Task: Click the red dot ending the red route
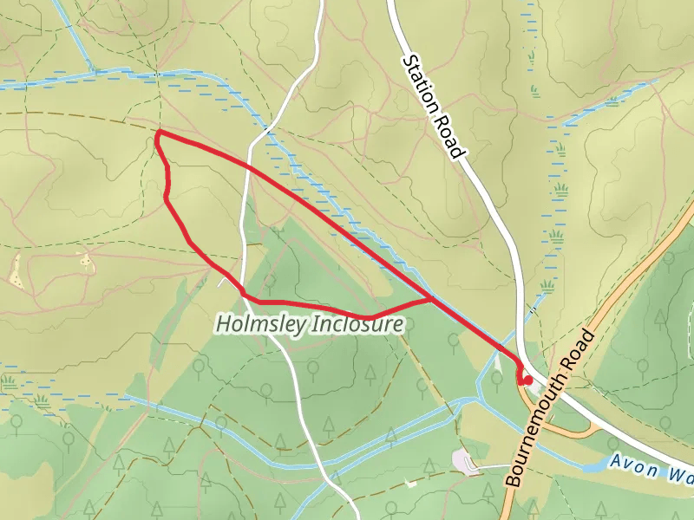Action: point(527,379)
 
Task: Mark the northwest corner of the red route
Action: point(158,133)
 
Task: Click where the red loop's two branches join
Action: point(432,300)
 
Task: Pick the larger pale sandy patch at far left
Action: point(16,271)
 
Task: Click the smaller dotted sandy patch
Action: point(85,257)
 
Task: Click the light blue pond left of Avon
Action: point(593,465)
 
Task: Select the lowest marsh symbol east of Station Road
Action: point(547,285)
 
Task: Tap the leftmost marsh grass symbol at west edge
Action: point(8,381)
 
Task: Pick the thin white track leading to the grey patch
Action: point(490,467)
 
